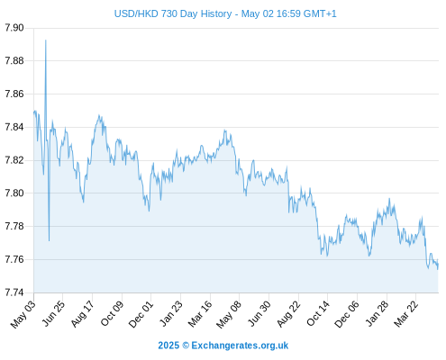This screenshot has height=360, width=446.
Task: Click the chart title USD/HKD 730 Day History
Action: [173, 13]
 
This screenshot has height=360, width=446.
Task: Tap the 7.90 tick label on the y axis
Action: [14, 28]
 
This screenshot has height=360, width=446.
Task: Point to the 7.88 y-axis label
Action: [14, 61]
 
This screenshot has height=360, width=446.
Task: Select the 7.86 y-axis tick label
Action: [14, 94]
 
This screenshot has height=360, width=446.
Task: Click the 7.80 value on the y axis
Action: [14, 193]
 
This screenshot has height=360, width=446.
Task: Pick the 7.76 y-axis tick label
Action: [14, 259]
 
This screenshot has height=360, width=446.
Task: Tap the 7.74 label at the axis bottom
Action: [14, 292]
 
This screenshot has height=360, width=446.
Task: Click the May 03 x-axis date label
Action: [23, 314]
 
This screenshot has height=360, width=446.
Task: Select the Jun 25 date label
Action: [52, 313]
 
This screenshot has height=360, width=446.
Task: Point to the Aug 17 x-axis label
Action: [82, 313]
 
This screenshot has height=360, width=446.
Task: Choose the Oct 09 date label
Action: [112, 313]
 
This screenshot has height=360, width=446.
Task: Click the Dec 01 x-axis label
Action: [141, 314]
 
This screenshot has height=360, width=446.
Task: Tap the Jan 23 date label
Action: [170, 313]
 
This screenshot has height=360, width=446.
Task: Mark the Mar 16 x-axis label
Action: [199, 314]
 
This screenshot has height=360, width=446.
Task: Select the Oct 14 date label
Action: [317, 313]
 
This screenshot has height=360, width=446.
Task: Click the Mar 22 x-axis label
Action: [405, 314]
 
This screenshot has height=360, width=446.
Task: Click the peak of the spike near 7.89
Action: [46, 40]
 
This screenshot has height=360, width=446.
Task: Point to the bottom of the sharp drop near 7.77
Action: [49, 240]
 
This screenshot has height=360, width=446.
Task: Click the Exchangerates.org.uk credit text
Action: [240, 346]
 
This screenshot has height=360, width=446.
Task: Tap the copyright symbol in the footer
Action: [186, 346]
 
